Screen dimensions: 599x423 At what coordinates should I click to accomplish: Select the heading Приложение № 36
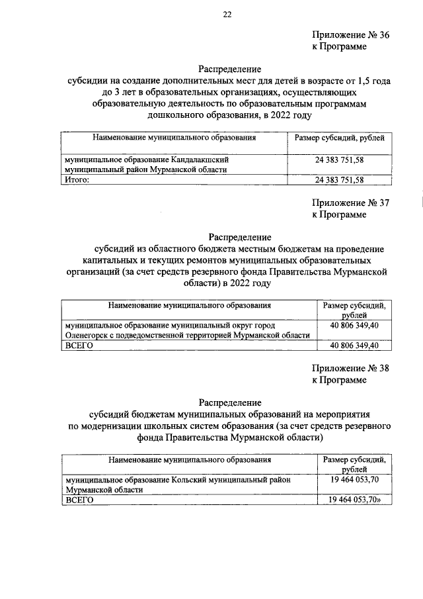coord(350,36)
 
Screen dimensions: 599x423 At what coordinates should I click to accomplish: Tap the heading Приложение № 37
coord(350,203)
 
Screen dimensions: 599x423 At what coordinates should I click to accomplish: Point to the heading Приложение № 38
coord(350,369)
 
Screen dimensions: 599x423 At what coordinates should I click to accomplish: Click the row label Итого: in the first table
coord(76,179)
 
